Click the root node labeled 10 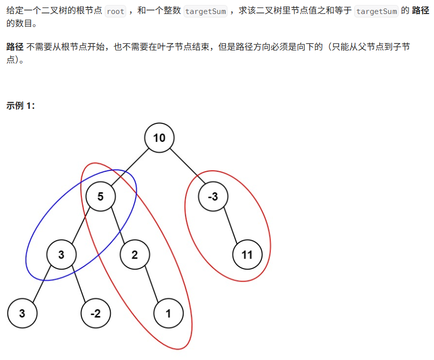point(159,137)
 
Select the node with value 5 point(100,196)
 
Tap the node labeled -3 point(213,196)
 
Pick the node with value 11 point(247,255)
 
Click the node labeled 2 point(135,255)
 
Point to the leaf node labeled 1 point(168,314)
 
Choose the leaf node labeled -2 point(95,314)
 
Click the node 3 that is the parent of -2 point(61,255)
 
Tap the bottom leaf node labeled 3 point(22,314)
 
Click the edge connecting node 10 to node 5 point(130,167)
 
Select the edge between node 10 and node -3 point(186,167)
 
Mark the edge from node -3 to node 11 point(230,226)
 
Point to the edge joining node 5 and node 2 point(118,226)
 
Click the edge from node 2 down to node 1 point(152,285)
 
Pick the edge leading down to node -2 point(78,285)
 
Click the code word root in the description point(115,11)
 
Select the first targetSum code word point(206,11)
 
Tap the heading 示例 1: point(20,106)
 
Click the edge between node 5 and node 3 point(81,226)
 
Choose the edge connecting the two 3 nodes point(42,285)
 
